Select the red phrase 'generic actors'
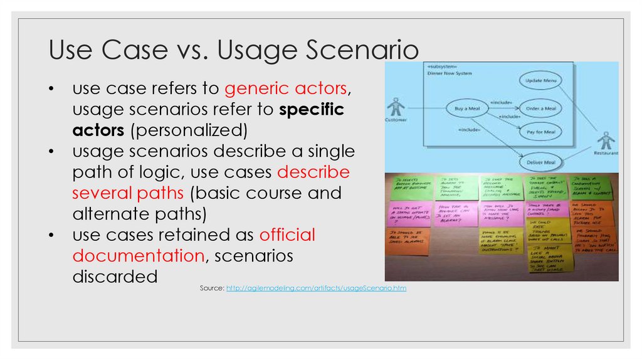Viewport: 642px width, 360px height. point(285,89)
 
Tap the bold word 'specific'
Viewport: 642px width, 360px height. point(311,110)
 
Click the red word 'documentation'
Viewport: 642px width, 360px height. point(139,256)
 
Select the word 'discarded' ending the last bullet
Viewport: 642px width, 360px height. point(115,277)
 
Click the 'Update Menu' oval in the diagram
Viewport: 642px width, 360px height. point(542,80)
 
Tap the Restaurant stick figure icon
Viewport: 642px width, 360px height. point(605,142)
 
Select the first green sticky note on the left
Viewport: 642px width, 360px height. point(411,187)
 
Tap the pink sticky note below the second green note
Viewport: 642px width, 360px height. point(455,213)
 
